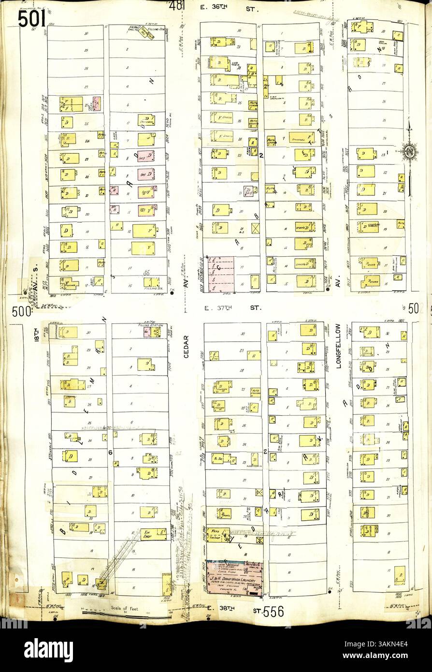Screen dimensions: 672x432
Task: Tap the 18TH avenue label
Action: click(37, 336)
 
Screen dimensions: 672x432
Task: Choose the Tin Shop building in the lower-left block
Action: click(154, 534)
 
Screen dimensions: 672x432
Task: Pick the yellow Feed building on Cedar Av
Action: click(218, 533)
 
